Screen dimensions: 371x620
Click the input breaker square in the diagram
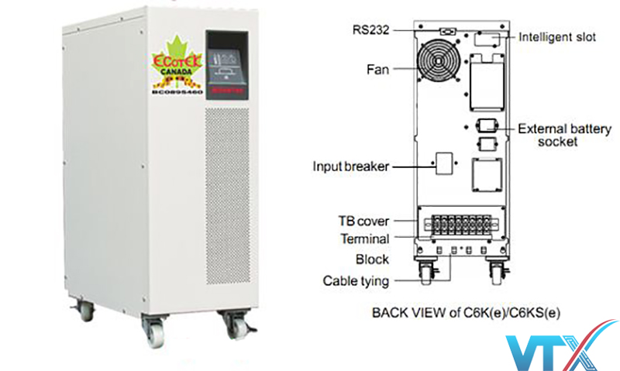pyautogui.click(x=445, y=163)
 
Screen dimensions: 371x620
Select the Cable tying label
pyautogui.click(x=356, y=280)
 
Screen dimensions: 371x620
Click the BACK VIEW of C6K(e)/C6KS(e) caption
pyautogui.click(x=466, y=313)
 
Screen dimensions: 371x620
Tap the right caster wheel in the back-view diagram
pyautogui.click(x=497, y=270)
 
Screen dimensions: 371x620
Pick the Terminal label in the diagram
pyautogui.click(x=364, y=239)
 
